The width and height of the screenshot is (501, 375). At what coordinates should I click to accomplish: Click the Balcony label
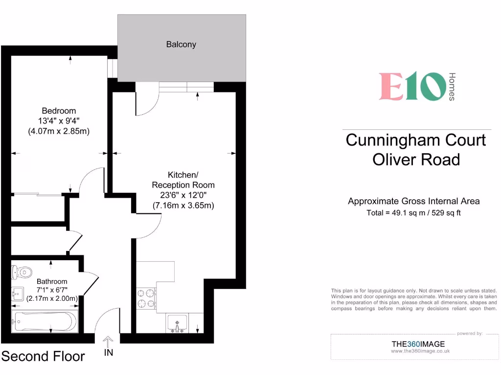pos(181,44)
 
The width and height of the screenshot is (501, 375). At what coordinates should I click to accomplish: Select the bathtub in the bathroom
pos(44,321)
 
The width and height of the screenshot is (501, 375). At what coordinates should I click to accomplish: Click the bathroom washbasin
pos(18,293)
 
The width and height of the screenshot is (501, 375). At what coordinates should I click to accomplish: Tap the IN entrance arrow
pos(108,341)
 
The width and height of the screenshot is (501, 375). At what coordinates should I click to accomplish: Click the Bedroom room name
pos(59,111)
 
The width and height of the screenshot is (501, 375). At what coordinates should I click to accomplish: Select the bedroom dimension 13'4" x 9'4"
pos(59,121)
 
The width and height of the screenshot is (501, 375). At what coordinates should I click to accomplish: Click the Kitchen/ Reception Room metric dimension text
pos(183,206)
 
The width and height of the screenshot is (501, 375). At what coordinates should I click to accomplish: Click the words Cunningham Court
pos(416,140)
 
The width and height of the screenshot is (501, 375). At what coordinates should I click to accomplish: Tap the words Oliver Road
pos(416,159)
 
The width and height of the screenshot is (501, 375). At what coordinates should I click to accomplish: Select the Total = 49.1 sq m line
pos(414,213)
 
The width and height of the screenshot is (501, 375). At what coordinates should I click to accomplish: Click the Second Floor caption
pos(43,356)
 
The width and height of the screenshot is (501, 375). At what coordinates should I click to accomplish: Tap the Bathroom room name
pos(52,282)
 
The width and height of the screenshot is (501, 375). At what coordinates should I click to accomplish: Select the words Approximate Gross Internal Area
pos(414,201)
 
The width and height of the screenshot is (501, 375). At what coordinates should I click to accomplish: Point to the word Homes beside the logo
pos(452,86)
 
